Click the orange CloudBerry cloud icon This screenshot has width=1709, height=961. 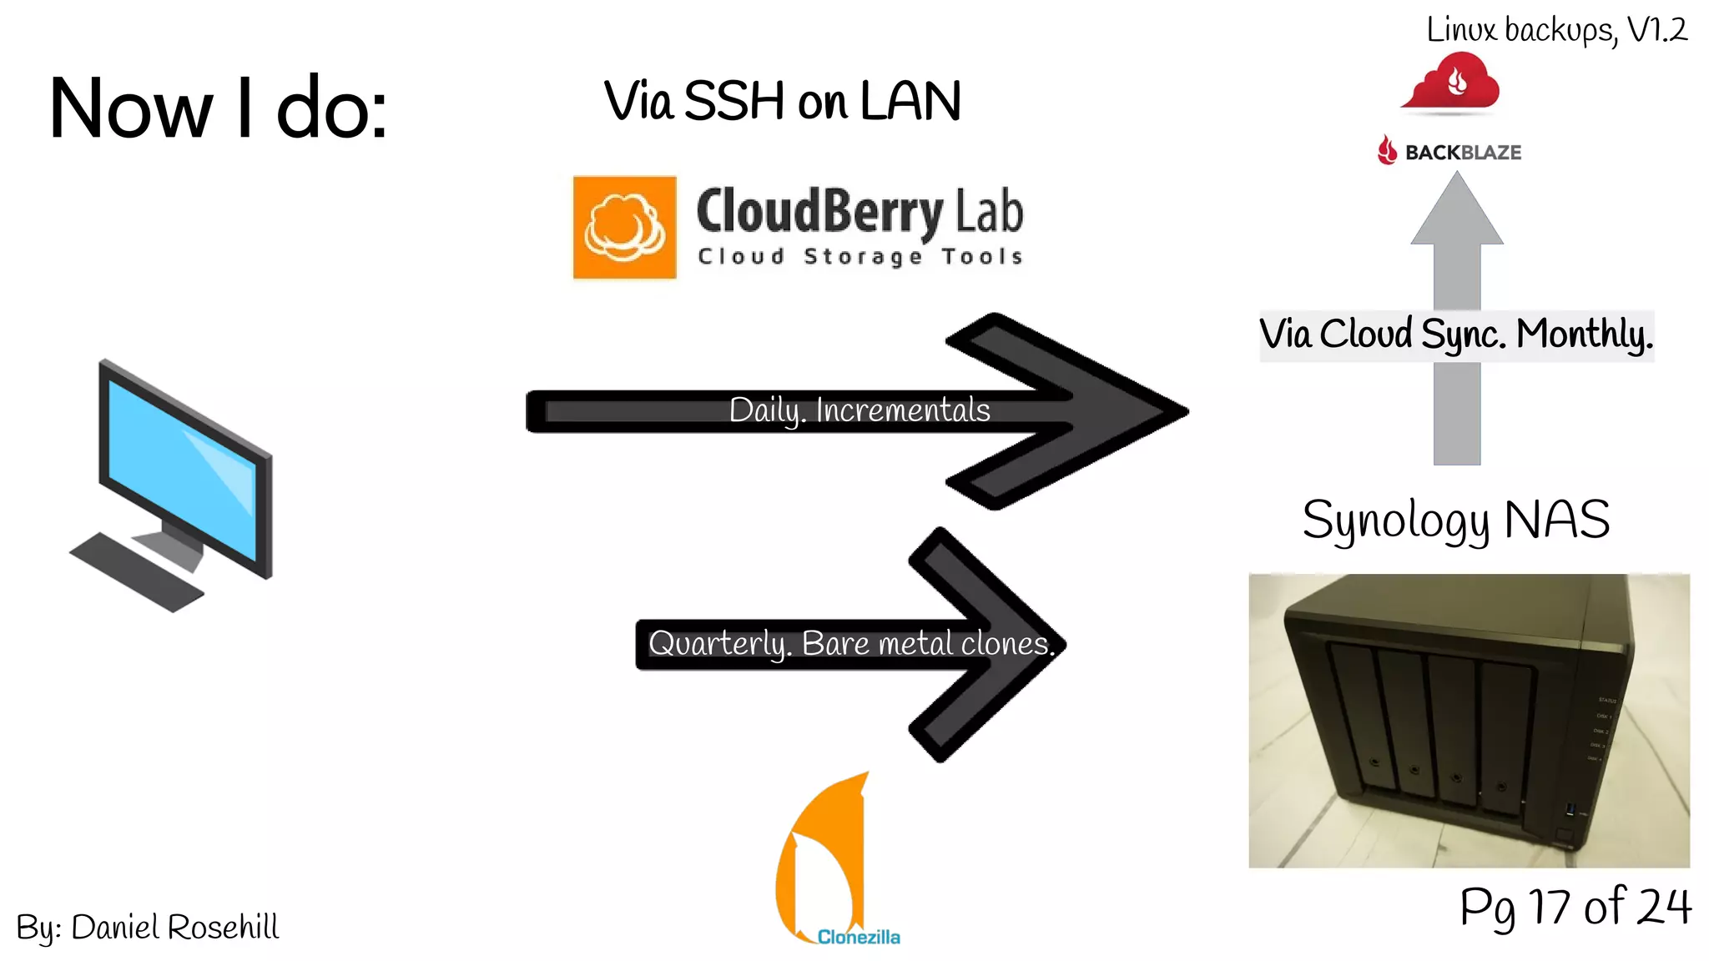(x=624, y=227)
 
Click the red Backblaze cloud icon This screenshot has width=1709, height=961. (x=1453, y=82)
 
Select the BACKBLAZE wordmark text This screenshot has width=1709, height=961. (x=1462, y=153)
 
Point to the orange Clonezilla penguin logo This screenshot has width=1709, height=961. (x=822, y=859)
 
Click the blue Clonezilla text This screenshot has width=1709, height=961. (x=859, y=937)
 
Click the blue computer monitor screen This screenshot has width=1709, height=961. (x=182, y=466)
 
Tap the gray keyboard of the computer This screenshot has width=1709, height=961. (x=137, y=572)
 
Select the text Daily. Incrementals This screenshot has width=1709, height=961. (x=860, y=410)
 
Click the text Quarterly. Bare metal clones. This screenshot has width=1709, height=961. (x=851, y=643)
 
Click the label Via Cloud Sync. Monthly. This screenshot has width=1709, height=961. (x=1456, y=335)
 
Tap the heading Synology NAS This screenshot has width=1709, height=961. (x=1456, y=519)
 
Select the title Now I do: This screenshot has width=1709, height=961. (x=218, y=108)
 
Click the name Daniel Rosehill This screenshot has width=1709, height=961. (x=174, y=927)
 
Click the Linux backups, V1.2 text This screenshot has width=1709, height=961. (x=1556, y=30)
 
